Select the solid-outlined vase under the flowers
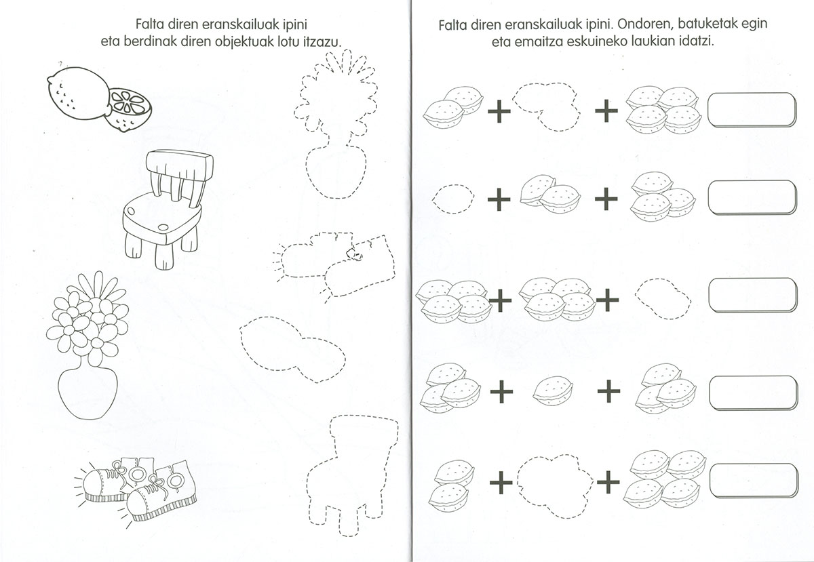coord(88,393)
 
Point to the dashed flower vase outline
coord(336,124)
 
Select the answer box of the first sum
coord(752,110)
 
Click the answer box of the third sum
coord(753,296)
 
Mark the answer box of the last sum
coord(754,481)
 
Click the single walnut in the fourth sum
coord(553,391)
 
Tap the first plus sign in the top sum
coord(499,111)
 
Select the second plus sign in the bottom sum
coord(608,482)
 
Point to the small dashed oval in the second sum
coord(454,199)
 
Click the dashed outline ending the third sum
coord(663,298)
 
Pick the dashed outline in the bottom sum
coord(555,487)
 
